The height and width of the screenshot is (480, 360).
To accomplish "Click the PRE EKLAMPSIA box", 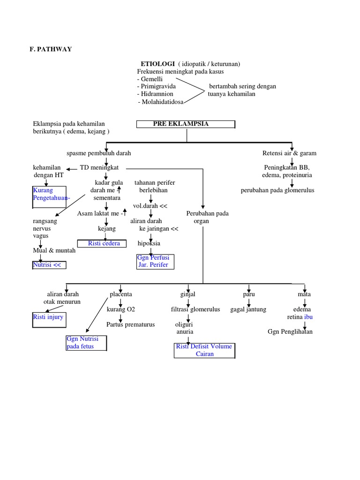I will click(x=186, y=124).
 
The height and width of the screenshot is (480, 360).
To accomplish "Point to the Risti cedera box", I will click(x=104, y=243).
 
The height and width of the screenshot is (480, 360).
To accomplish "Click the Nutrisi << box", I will click(x=49, y=265).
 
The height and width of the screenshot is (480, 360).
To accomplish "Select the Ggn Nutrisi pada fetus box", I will click(x=86, y=343).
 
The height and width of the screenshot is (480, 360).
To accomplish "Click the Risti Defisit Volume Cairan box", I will click(x=204, y=350).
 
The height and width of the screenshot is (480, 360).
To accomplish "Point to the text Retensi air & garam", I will click(x=289, y=153).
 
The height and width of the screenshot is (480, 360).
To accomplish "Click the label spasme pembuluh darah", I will click(x=99, y=153).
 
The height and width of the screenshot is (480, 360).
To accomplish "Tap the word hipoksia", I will click(x=149, y=243).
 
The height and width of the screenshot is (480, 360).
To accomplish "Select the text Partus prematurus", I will click(x=130, y=324).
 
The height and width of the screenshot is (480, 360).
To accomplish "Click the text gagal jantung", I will click(x=248, y=309).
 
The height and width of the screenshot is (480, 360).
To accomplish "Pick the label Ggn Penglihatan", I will click(x=290, y=332).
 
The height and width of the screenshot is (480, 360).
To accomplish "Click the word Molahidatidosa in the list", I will click(x=161, y=102).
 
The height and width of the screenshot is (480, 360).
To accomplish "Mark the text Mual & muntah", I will click(x=54, y=250).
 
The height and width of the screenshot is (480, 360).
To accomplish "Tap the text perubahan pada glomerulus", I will click(x=277, y=190).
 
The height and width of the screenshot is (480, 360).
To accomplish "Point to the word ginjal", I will click(x=187, y=294).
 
